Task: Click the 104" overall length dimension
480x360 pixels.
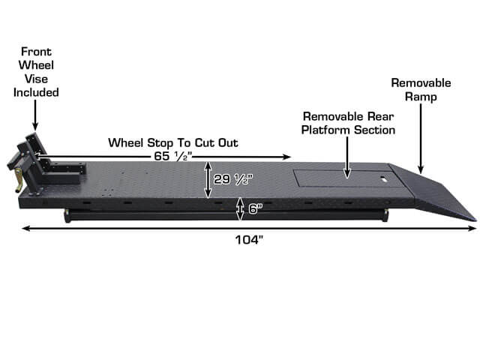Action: click(x=249, y=240)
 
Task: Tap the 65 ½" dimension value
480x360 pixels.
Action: click(x=172, y=156)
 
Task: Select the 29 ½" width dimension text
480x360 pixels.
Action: click(x=233, y=179)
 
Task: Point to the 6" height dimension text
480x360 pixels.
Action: click(x=255, y=208)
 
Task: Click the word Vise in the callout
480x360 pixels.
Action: click(x=36, y=79)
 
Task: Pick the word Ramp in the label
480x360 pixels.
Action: click(x=421, y=97)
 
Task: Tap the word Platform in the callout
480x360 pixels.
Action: click(x=325, y=130)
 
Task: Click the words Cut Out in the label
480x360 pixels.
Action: click(x=217, y=143)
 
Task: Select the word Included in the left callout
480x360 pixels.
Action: click(x=36, y=92)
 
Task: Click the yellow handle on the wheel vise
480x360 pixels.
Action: click(x=19, y=180)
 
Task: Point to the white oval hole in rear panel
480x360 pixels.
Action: click(x=383, y=178)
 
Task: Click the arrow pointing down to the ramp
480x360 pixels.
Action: click(x=421, y=139)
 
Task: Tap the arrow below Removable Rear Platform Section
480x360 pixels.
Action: click(x=346, y=157)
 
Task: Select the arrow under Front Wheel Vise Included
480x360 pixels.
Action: click(x=35, y=115)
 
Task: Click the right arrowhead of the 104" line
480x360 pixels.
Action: click(x=472, y=228)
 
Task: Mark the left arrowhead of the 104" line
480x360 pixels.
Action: click(x=26, y=228)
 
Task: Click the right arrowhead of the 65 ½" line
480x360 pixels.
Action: click(x=286, y=157)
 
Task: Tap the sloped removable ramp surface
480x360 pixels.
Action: click(x=435, y=190)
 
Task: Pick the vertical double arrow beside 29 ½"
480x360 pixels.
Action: click(x=208, y=180)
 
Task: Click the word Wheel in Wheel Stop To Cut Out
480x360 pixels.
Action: click(x=126, y=143)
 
